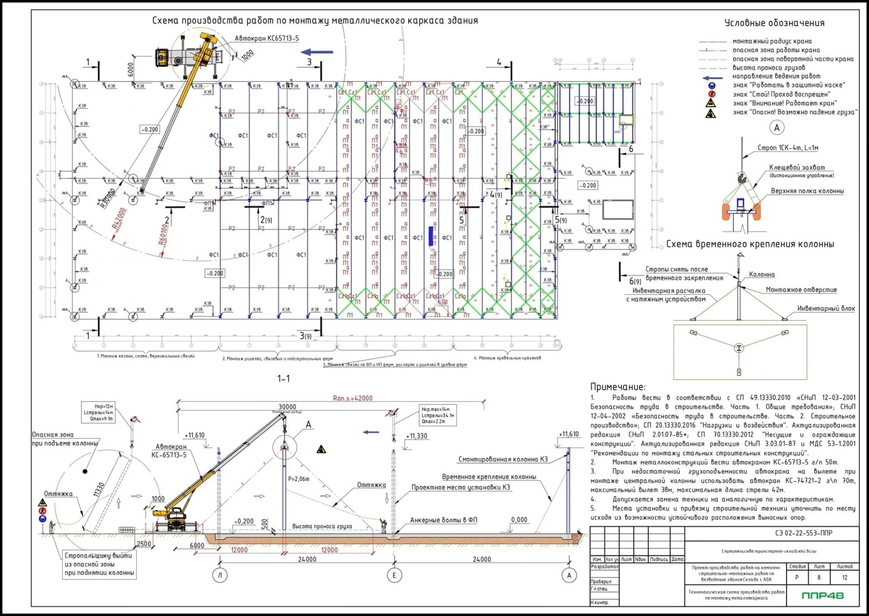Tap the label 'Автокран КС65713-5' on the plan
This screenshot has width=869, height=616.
[x=267, y=38]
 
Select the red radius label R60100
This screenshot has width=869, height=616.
[x=163, y=234]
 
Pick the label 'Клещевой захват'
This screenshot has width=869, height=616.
[x=797, y=167]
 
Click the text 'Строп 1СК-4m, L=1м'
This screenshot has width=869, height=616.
[x=788, y=148]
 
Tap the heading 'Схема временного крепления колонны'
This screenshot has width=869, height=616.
[x=750, y=244]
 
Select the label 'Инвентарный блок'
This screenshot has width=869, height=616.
[x=826, y=309]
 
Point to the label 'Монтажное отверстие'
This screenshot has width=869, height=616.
[x=801, y=290]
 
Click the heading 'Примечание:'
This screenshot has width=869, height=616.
[x=618, y=387]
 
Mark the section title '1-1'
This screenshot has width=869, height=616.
[x=284, y=378]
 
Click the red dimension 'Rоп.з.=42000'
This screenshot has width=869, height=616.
[x=353, y=398]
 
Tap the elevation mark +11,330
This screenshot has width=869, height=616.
[x=416, y=436]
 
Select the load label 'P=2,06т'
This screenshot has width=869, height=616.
[x=299, y=479]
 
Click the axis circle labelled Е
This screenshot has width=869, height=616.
[x=394, y=575]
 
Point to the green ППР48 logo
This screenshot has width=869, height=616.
[x=822, y=596]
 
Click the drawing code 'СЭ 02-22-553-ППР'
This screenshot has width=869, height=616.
[x=803, y=533]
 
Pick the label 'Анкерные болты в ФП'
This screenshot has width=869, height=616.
[x=444, y=520]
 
